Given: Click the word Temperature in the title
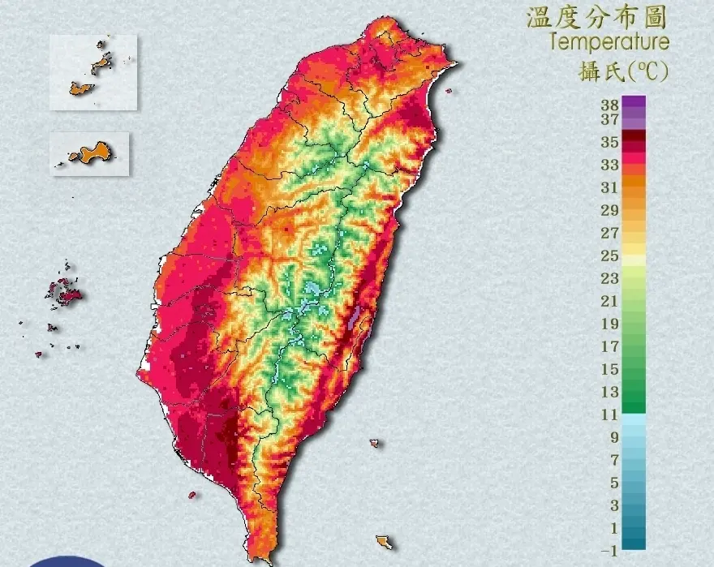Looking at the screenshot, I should tap(609, 41).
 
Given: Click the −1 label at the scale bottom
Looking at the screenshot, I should tap(609, 551).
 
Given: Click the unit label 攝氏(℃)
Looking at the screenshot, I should tap(623, 72).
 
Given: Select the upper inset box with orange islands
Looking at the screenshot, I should tap(93, 71).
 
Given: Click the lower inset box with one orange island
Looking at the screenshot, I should tap(90, 153).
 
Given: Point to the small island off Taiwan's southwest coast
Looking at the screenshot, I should tap(192, 494).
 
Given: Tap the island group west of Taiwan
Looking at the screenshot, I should tap(62, 293).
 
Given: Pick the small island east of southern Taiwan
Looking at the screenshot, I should tap(374, 443).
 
